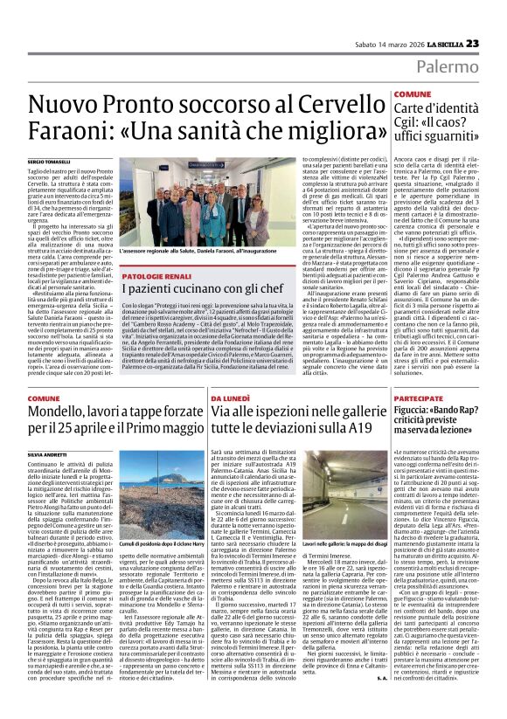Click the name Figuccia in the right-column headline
click(x=415, y=411)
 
